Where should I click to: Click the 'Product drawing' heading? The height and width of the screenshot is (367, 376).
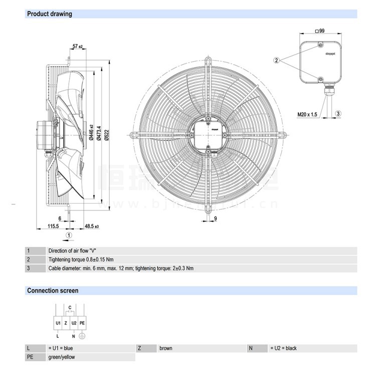[x=49, y=14]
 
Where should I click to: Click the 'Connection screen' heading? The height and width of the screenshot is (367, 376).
[x=53, y=290]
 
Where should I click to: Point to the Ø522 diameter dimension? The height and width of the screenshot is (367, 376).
[x=106, y=133]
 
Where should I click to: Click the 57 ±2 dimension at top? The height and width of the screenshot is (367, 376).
[x=77, y=47]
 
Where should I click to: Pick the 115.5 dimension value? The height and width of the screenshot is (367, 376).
[x=53, y=226]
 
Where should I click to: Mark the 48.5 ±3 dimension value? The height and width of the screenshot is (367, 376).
[x=92, y=226]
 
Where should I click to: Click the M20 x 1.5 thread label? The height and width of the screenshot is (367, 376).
[x=307, y=114]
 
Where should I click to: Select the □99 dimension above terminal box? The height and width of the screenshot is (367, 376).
[x=320, y=31]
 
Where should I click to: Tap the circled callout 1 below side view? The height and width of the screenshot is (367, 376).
[x=70, y=234]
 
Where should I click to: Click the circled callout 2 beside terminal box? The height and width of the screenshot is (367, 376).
[x=276, y=60]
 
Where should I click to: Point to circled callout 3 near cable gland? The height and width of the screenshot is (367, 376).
[x=338, y=114]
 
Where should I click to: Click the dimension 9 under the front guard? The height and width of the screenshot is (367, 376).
[x=215, y=219]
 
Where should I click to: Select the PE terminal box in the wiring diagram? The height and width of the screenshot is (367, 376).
[x=82, y=324]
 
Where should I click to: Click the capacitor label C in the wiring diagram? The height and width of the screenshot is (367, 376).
[x=70, y=307]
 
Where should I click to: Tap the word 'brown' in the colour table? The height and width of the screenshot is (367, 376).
[x=166, y=348]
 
